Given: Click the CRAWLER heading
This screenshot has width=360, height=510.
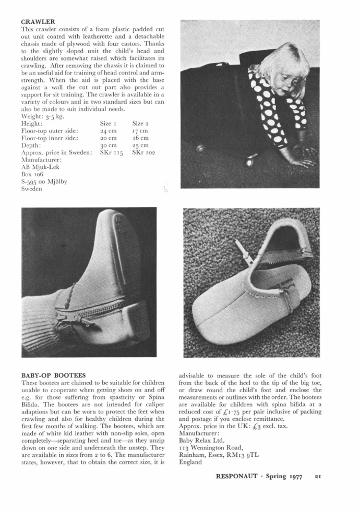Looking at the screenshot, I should (38, 22).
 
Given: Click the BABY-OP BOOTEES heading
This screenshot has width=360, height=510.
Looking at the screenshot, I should (53, 375).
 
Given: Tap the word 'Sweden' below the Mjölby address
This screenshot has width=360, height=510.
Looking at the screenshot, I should (32, 189).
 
